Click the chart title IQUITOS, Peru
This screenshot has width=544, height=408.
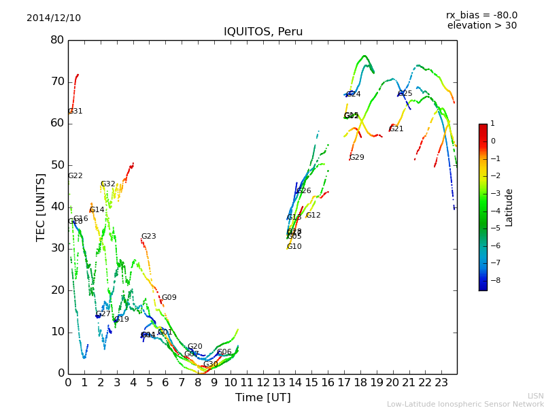click(x=263, y=32)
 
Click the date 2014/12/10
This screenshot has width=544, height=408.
click(x=54, y=18)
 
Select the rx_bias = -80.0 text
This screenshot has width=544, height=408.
click(x=481, y=15)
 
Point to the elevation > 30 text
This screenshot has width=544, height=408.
click(x=481, y=26)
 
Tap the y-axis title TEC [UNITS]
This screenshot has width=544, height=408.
click(x=41, y=207)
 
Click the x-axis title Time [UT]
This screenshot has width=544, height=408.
click(x=262, y=398)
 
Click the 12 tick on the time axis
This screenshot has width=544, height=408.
click(x=262, y=382)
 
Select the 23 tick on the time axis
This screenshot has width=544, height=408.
click(x=441, y=382)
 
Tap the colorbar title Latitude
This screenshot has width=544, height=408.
click(x=509, y=207)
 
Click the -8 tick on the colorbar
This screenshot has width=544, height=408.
click(x=493, y=279)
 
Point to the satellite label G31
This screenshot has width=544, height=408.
click(x=75, y=112)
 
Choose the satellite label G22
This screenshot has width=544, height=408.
click(x=75, y=176)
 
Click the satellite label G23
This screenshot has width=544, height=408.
click(x=149, y=237)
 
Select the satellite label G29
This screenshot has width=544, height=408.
click(x=357, y=158)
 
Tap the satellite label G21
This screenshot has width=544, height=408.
click(x=396, y=129)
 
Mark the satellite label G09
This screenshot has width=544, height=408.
click(x=169, y=298)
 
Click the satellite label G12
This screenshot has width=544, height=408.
click(x=313, y=216)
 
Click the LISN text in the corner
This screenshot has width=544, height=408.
click(x=536, y=396)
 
